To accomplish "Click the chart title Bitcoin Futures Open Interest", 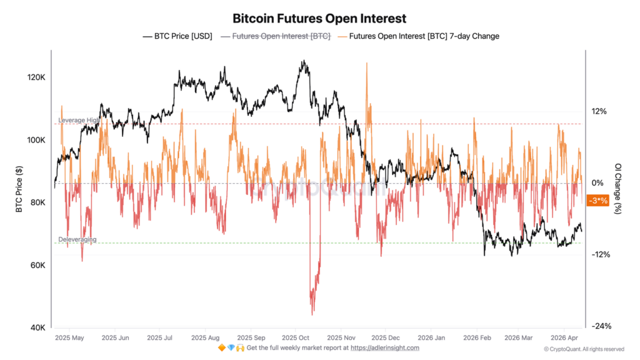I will (x=319, y=18).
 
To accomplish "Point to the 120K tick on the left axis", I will (x=34, y=77).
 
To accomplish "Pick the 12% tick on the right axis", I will (x=599, y=111).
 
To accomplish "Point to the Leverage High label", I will (x=79, y=120).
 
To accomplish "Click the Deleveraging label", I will (x=77, y=239).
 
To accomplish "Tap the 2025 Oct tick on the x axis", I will (x=296, y=337).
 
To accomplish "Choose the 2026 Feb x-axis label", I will (x=477, y=337).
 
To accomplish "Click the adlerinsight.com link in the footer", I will (x=384, y=347).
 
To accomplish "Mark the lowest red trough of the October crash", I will (x=312, y=314).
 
